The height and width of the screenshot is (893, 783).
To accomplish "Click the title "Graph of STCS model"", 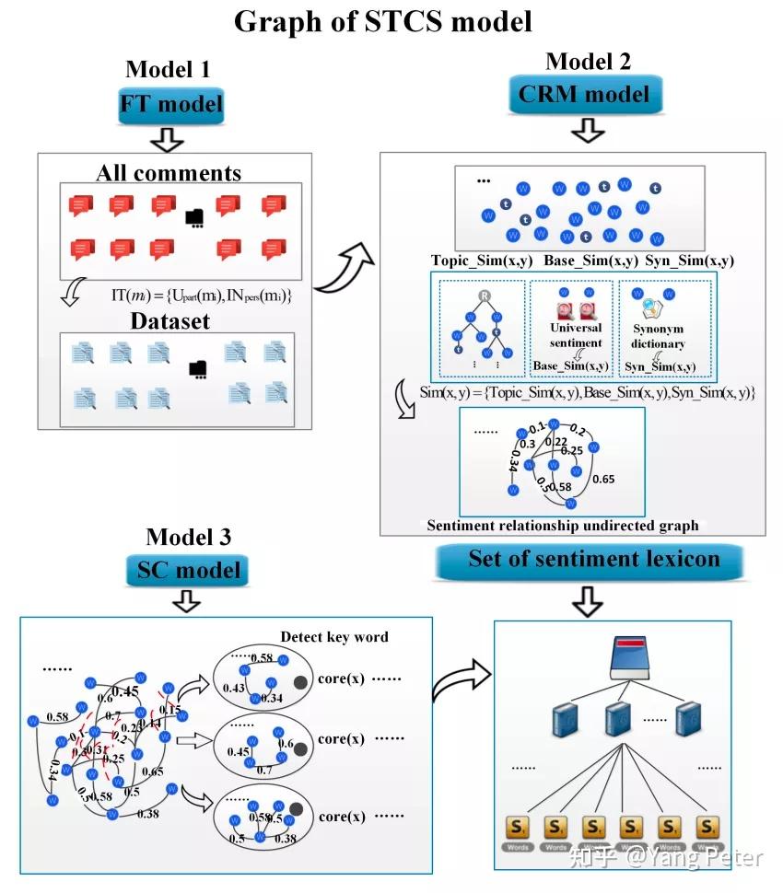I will (x=383, y=21).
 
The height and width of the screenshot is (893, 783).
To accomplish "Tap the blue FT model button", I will (x=171, y=104).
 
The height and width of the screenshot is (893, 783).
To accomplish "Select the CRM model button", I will (x=583, y=93).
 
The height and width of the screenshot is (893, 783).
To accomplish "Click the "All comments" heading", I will (x=169, y=173).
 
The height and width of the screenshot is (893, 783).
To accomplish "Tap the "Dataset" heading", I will (x=169, y=321).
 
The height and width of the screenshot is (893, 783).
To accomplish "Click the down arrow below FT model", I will (x=169, y=138).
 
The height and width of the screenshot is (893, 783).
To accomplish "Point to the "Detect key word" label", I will (x=334, y=636).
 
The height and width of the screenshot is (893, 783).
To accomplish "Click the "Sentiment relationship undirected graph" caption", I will (x=562, y=526).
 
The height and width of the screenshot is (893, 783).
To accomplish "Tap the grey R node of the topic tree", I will (x=482, y=296).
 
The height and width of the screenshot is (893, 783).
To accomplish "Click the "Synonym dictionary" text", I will (x=658, y=337).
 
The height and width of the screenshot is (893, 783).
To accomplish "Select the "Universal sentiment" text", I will (x=575, y=334).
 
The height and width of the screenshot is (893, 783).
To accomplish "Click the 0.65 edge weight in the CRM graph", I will (x=604, y=478).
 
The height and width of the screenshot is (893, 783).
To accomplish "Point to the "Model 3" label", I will (x=188, y=537).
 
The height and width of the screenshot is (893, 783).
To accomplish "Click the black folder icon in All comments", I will (x=194, y=218).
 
